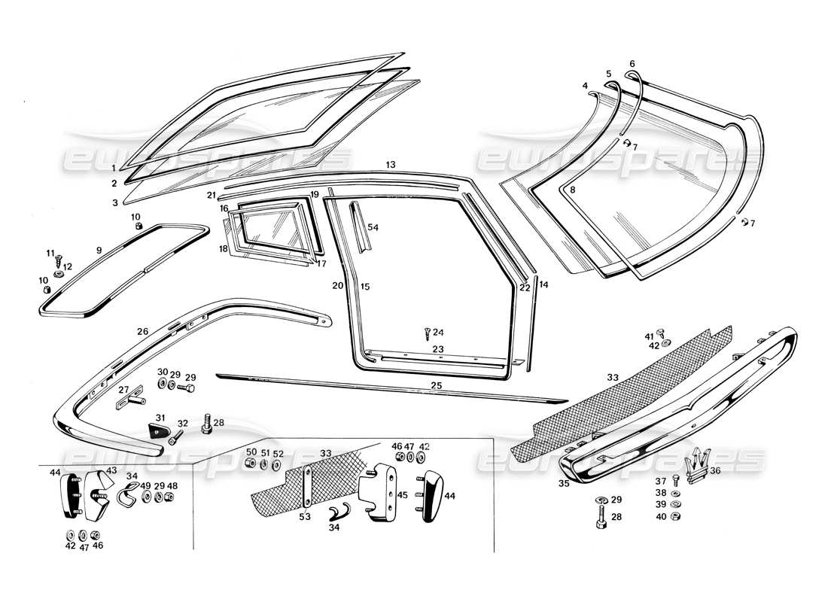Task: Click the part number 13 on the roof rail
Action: (x=390, y=165)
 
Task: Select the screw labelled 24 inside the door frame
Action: (x=428, y=332)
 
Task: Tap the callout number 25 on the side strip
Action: (x=437, y=385)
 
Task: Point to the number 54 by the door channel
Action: (x=373, y=227)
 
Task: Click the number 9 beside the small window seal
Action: (x=98, y=249)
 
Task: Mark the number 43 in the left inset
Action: (x=111, y=470)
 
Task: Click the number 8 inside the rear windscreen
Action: (x=572, y=191)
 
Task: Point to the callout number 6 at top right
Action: (x=632, y=64)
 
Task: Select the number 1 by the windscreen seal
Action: (x=114, y=167)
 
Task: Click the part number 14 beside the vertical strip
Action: (x=544, y=284)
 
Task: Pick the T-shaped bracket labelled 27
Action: (x=128, y=397)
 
